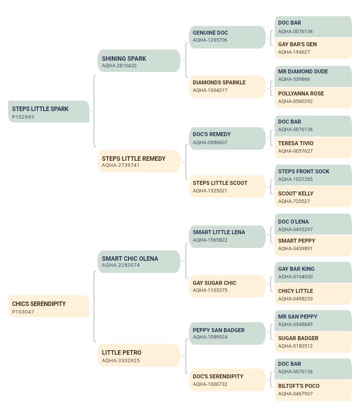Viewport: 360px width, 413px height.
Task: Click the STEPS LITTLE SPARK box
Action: tap(49, 112)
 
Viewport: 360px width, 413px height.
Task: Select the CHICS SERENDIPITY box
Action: tap(49, 306)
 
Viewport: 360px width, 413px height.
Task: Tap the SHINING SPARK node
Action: tap(139, 61)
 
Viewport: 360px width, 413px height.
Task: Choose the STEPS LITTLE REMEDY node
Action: tap(139, 161)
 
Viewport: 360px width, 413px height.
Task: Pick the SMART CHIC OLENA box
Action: tap(139, 262)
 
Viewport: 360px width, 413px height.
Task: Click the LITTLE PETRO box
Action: tap(139, 356)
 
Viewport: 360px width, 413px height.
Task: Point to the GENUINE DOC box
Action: tap(227, 37)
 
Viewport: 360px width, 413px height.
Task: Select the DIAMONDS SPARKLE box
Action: tap(227, 86)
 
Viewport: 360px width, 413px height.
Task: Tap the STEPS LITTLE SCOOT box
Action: tap(227, 186)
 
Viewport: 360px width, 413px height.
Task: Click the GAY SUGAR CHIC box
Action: tap(227, 286)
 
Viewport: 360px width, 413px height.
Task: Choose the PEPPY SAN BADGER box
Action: tap(227, 334)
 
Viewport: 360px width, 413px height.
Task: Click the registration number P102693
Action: tap(23, 117)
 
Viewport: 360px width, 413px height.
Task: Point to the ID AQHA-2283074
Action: tap(121, 265)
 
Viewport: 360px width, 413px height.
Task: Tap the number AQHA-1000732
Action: tap(210, 384)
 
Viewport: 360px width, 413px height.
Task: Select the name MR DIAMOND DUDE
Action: tap(303, 71)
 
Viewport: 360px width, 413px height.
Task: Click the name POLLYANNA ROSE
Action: tap(301, 93)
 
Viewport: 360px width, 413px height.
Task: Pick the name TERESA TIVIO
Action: tap(296, 143)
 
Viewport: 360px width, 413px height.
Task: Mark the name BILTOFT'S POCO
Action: tap(299, 386)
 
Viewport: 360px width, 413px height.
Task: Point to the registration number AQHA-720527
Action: tap(294, 201)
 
